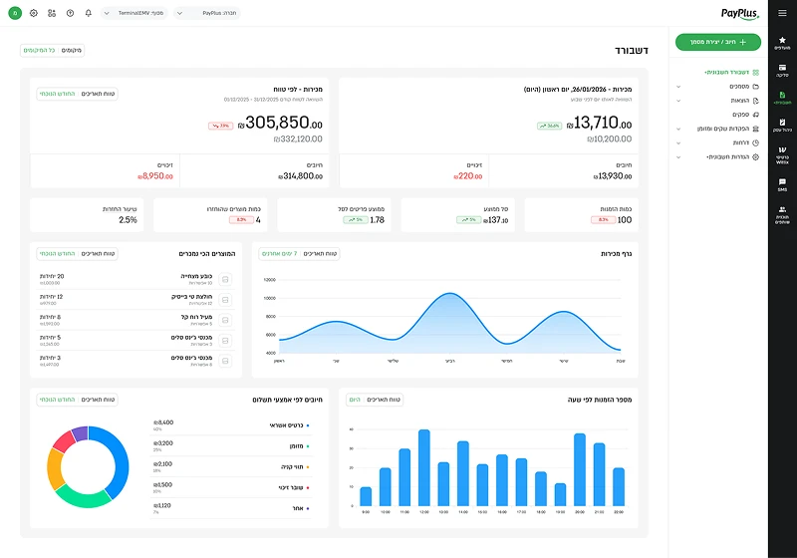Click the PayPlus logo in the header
pos(739,13)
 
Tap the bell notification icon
pos(88,13)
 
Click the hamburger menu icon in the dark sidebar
pos(782,13)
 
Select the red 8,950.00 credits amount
pos(154,175)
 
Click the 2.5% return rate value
pos(128,219)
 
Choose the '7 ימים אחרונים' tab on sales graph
pos(281,254)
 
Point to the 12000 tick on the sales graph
pos(269,281)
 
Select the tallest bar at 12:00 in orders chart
pos(424,467)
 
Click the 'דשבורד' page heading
pos(634,49)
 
